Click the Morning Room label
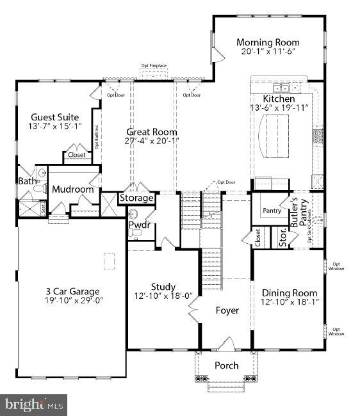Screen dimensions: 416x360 268,43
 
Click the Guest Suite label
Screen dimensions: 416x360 55,117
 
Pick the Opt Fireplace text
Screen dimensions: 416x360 154,65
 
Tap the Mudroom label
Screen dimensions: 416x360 73,189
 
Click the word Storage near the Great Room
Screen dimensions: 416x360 136,198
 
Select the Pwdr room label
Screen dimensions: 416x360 139,225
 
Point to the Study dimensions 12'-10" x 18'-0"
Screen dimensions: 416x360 163,296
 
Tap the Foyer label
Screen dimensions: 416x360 227,310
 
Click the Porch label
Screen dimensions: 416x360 226,365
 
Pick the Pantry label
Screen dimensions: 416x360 272,211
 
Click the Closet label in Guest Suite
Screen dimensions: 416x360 77,155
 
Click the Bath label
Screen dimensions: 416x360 26,182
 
